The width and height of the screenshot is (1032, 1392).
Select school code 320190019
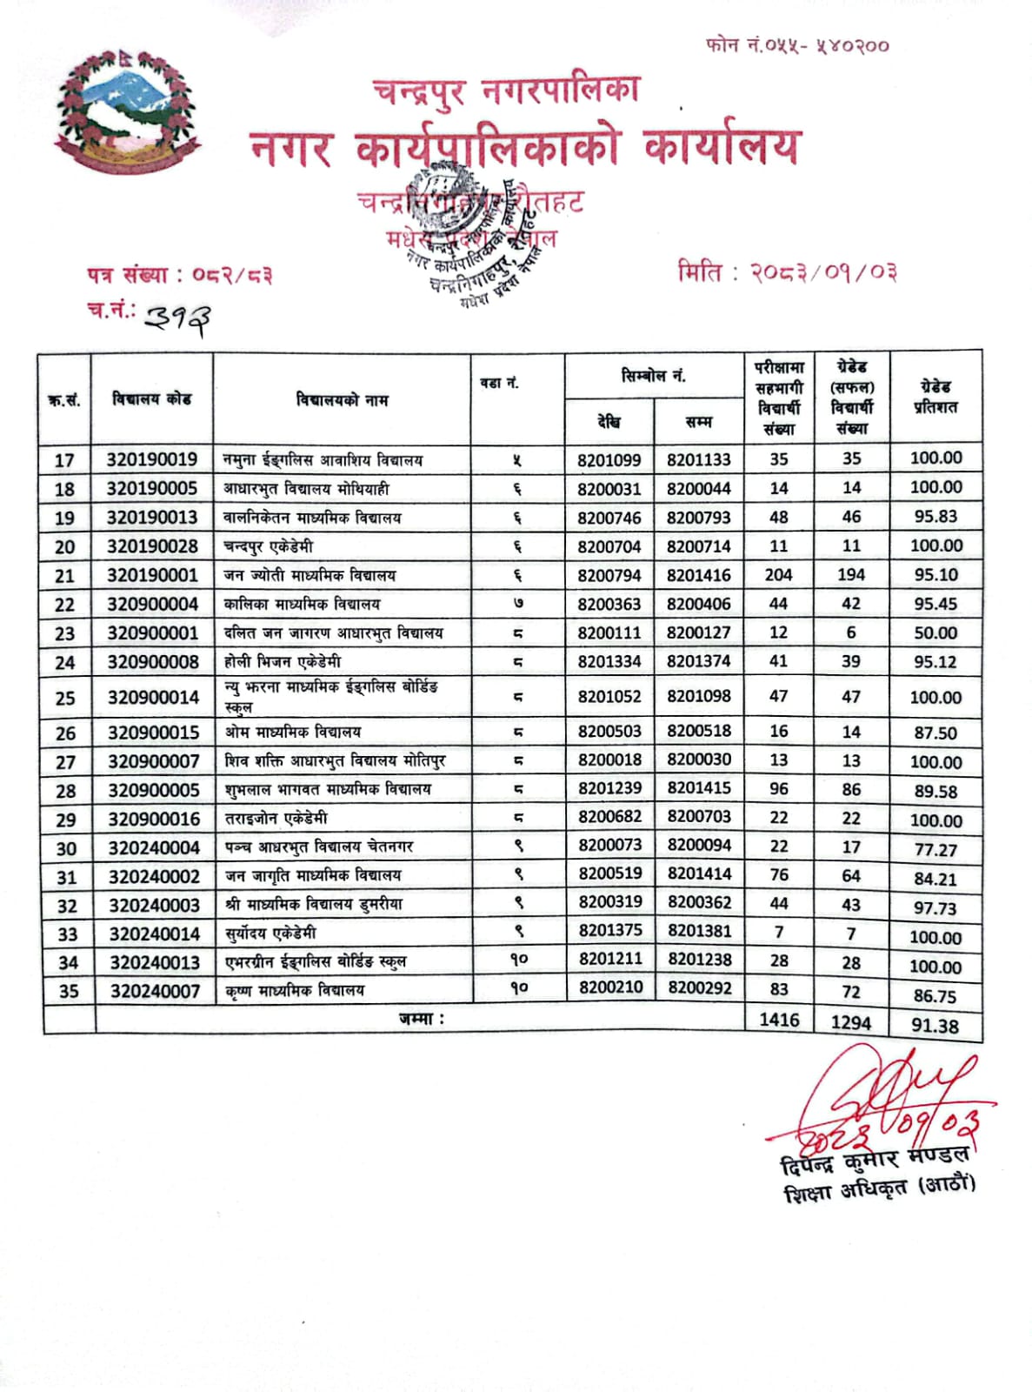(x=152, y=459)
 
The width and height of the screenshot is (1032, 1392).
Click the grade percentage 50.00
(x=935, y=633)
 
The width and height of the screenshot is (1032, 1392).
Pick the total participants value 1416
(x=779, y=1020)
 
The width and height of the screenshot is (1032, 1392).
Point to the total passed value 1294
(x=850, y=1023)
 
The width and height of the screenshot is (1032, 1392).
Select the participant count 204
(x=779, y=575)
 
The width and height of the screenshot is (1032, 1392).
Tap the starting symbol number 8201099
(x=609, y=460)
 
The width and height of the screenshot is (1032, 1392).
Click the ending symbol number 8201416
(x=699, y=575)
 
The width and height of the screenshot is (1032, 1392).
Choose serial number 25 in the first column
(x=65, y=698)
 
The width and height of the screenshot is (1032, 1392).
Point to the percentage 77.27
(x=935, y=850)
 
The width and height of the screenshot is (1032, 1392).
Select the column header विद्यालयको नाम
(x=342, y=400)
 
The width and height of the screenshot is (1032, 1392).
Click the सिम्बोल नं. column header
(x=654, y=376)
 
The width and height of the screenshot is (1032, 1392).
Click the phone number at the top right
(x=797, y=45)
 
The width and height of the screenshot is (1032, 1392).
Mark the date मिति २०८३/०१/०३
(x=787, y=272)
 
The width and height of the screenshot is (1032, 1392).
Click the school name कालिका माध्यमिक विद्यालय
(x=302, y=604)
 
